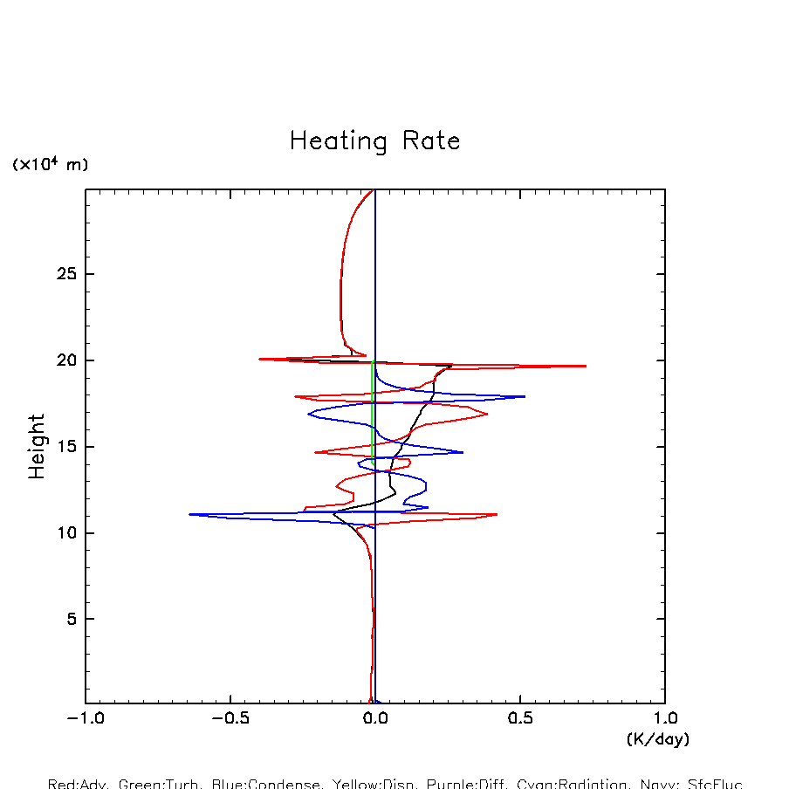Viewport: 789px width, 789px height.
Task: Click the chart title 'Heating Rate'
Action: click(374, 141)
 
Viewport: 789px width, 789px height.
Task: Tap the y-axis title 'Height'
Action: click(37, 446)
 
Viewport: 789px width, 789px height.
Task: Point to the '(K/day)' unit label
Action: click(658, 739)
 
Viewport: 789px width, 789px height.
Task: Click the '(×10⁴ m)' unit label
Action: click(50, 164)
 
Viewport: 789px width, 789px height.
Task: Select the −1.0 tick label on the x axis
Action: click(85, 720)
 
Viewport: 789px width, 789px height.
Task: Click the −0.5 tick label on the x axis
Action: click(230, 720)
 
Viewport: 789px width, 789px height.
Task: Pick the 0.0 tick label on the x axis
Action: click(375, 720)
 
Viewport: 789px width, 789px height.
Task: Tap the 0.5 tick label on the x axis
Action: click(520, 720)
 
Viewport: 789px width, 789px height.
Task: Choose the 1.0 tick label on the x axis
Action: click(665, 720)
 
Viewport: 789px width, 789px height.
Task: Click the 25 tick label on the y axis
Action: click(66, 275)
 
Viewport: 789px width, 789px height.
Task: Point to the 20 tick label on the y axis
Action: click(66, 360)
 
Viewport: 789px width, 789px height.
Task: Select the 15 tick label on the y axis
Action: click(66, 447)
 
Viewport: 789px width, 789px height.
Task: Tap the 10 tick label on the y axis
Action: click(66, 532)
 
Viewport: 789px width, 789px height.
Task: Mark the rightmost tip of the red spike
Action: click(586, 366)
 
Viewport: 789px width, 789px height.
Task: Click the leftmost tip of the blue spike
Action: click(189, 514)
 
